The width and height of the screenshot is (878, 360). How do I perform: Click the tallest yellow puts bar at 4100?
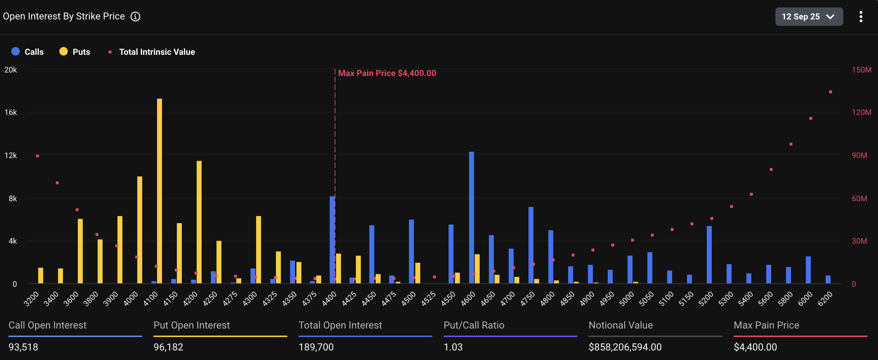point(160,191)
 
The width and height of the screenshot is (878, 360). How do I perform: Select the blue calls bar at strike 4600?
point(472,217)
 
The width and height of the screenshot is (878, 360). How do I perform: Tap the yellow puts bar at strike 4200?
point(199,222)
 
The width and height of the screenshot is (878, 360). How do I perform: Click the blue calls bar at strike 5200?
point(709,255)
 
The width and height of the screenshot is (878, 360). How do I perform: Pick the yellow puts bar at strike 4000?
point(140,230)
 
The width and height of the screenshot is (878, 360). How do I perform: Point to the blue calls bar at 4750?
point(531,245)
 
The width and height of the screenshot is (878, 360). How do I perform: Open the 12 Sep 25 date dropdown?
point(809,17)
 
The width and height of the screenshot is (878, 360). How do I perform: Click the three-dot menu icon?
point(861,17)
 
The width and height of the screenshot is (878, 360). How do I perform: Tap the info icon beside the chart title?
point(135,17)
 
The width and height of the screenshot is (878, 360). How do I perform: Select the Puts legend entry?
point(75,52)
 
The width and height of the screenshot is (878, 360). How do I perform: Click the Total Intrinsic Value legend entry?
point(152,52)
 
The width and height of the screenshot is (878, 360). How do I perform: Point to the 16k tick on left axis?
point(11,112)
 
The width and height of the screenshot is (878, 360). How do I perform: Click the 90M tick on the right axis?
point(859,156)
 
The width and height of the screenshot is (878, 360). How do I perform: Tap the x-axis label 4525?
point(428,299)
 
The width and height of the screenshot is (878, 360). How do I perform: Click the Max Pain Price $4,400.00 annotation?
point(387,73)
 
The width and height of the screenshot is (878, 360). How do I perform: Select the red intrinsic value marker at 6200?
point(831,92)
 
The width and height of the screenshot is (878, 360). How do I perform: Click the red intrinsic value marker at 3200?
point(37,156)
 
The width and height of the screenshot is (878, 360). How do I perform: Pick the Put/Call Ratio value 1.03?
point(453,347)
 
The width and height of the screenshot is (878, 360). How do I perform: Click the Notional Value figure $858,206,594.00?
point(625,347)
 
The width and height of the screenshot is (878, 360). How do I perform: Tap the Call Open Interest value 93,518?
point(23,347)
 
